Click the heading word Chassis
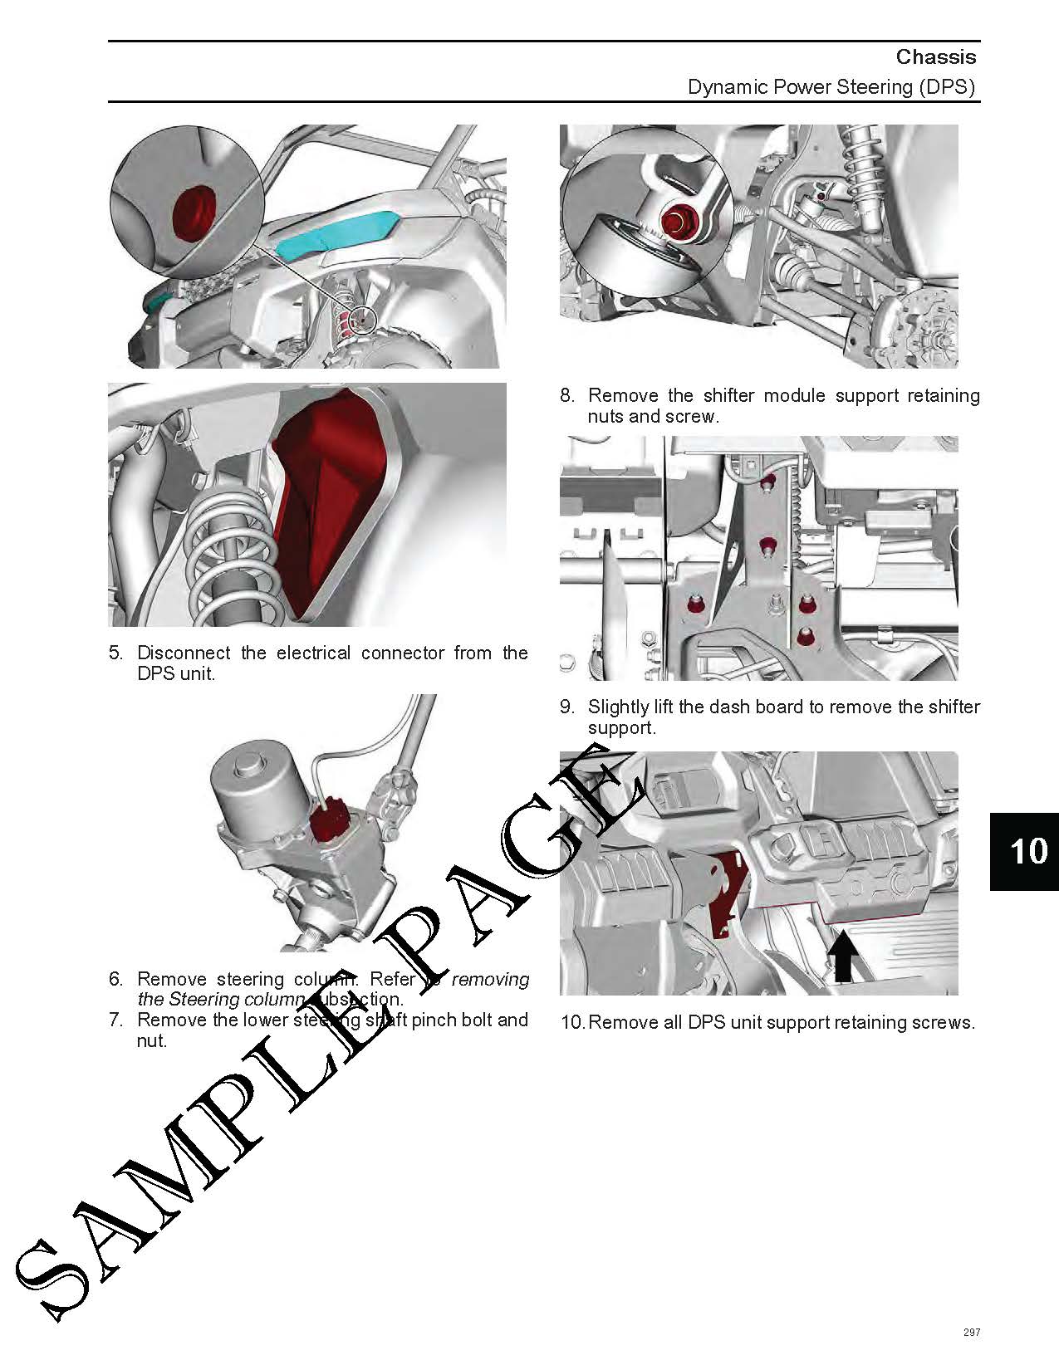[935, 56]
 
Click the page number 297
[971, 1332]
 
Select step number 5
[115, 653]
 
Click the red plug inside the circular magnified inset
[192, 215]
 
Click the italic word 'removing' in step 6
[490, 979]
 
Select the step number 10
[572, 1022]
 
